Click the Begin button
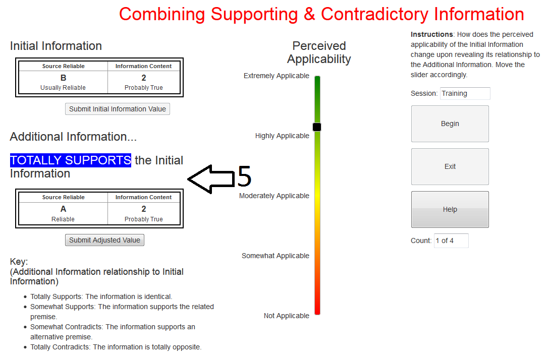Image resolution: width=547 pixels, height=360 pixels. tap(450, 124)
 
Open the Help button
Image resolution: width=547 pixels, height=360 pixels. tap(450, 209)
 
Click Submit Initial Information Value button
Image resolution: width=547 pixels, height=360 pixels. tap(118, 109)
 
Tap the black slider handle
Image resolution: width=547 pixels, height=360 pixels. tap(317, 127)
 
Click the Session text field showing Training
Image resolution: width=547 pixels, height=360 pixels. tap(465, 93)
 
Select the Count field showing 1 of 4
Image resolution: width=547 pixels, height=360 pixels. tap(451, 241)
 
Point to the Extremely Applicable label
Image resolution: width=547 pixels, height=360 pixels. tap(277, 76)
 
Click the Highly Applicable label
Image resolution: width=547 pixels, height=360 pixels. tap(282, 136)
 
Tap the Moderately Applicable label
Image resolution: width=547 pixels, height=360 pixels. tap(274, 196)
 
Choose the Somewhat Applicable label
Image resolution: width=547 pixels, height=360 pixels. tap(276, 256)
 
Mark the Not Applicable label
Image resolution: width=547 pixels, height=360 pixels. tap(287, 316)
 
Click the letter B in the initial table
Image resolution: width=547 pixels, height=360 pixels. tap(63, 78)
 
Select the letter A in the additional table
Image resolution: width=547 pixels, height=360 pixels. tap(63, 209)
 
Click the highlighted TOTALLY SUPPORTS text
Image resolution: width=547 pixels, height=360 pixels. tap(70, 160)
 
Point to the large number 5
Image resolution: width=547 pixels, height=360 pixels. tap(244, 176)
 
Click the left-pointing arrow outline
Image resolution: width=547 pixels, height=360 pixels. tap(207, 178)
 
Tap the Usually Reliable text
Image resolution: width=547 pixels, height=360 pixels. tap(63, 88)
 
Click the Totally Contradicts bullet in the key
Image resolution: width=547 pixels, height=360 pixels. tap(116, 347)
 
